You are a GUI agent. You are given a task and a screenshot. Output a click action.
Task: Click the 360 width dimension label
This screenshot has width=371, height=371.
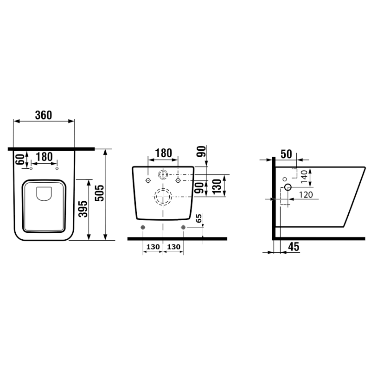click(44, 115)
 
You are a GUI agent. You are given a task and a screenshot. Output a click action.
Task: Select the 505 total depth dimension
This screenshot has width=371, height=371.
click(99, 193)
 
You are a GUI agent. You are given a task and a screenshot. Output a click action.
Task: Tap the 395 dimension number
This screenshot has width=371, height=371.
click(83, 209)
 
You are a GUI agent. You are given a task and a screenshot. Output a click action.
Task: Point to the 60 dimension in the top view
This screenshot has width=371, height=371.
click(20, 159)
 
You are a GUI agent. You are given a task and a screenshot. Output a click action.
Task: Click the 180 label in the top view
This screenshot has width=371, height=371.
click(44, 157)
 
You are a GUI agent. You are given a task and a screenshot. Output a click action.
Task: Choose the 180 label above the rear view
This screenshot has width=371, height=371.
click(163, 153)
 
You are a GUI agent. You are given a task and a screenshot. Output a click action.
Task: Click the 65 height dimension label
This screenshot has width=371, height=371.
click(199, 218)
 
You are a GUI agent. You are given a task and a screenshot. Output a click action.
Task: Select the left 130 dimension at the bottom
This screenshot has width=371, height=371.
click(153, 247)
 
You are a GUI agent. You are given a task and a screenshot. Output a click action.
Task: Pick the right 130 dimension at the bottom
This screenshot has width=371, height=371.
click(173, 247)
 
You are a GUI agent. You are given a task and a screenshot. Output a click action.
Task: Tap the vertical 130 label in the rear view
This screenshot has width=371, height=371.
click(217, 187)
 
